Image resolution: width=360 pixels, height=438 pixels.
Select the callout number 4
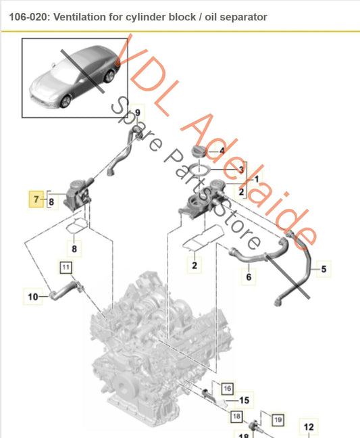221,151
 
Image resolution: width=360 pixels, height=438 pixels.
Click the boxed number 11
66,268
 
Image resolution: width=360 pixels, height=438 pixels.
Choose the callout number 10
32,295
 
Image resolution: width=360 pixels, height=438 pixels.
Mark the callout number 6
249,276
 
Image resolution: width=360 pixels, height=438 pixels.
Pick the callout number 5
323,270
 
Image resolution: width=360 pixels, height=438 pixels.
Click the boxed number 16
226,388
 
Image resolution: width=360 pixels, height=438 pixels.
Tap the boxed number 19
276,420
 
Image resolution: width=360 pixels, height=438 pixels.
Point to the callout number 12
308,427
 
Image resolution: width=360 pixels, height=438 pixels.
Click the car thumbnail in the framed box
70,78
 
